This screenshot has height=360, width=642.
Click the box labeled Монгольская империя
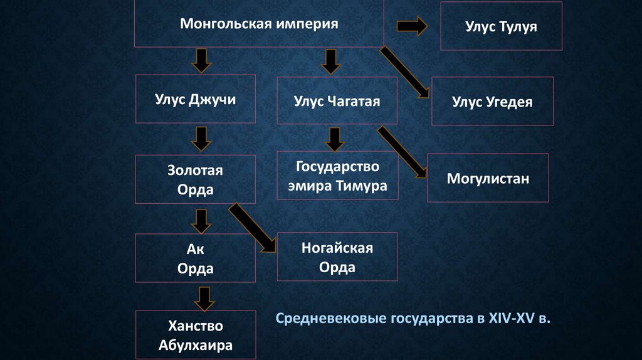point(259,24)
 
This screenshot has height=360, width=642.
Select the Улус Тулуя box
point(501,26)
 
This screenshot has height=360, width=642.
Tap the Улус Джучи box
point(195,99)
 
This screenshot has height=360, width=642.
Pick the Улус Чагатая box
point(337,100)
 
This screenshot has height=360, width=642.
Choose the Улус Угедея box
point(492,101)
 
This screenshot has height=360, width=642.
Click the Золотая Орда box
point(195,180)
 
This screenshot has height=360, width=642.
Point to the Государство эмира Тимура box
point(337,177)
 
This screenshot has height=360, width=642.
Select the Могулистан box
point(488,178)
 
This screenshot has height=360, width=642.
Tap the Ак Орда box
point(195,258)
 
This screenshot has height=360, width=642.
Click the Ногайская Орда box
point(337,257)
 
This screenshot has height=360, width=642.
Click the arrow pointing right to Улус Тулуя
point(412,26)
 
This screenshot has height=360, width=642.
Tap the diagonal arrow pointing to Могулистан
point(403,151)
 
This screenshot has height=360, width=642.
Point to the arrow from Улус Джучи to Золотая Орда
point(201,138)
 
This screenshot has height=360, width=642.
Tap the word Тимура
point(363,186)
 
